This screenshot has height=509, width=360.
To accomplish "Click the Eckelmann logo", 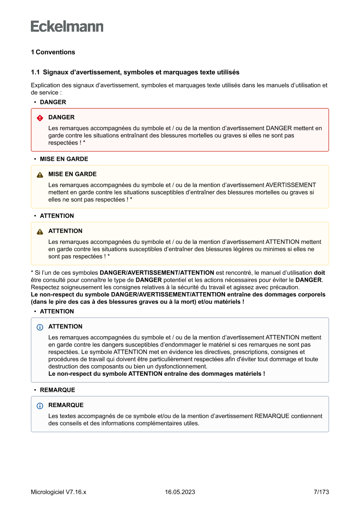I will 67,27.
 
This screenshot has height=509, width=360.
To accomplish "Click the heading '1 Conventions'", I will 53,52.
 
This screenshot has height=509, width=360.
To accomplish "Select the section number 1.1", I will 35,72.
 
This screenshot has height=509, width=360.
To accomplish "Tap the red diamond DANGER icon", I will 40,118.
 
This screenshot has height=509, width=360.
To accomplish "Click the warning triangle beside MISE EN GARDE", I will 40,175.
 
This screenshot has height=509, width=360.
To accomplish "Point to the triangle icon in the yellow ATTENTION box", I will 40,232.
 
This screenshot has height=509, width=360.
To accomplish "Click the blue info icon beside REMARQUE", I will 40,406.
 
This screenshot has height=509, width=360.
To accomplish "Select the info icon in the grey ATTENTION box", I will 40,327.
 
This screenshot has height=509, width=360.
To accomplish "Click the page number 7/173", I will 321,492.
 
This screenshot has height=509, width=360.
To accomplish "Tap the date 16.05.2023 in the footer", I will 180,492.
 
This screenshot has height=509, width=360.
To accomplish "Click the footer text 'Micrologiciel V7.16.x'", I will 58,492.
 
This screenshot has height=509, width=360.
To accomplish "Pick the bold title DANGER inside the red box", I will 61,118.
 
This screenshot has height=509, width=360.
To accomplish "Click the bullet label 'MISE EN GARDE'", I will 64,159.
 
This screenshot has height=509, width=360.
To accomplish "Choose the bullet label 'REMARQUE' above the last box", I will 57,390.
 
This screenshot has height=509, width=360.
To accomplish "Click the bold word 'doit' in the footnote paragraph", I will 319,273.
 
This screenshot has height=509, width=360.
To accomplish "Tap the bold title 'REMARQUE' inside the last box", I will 66,405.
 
